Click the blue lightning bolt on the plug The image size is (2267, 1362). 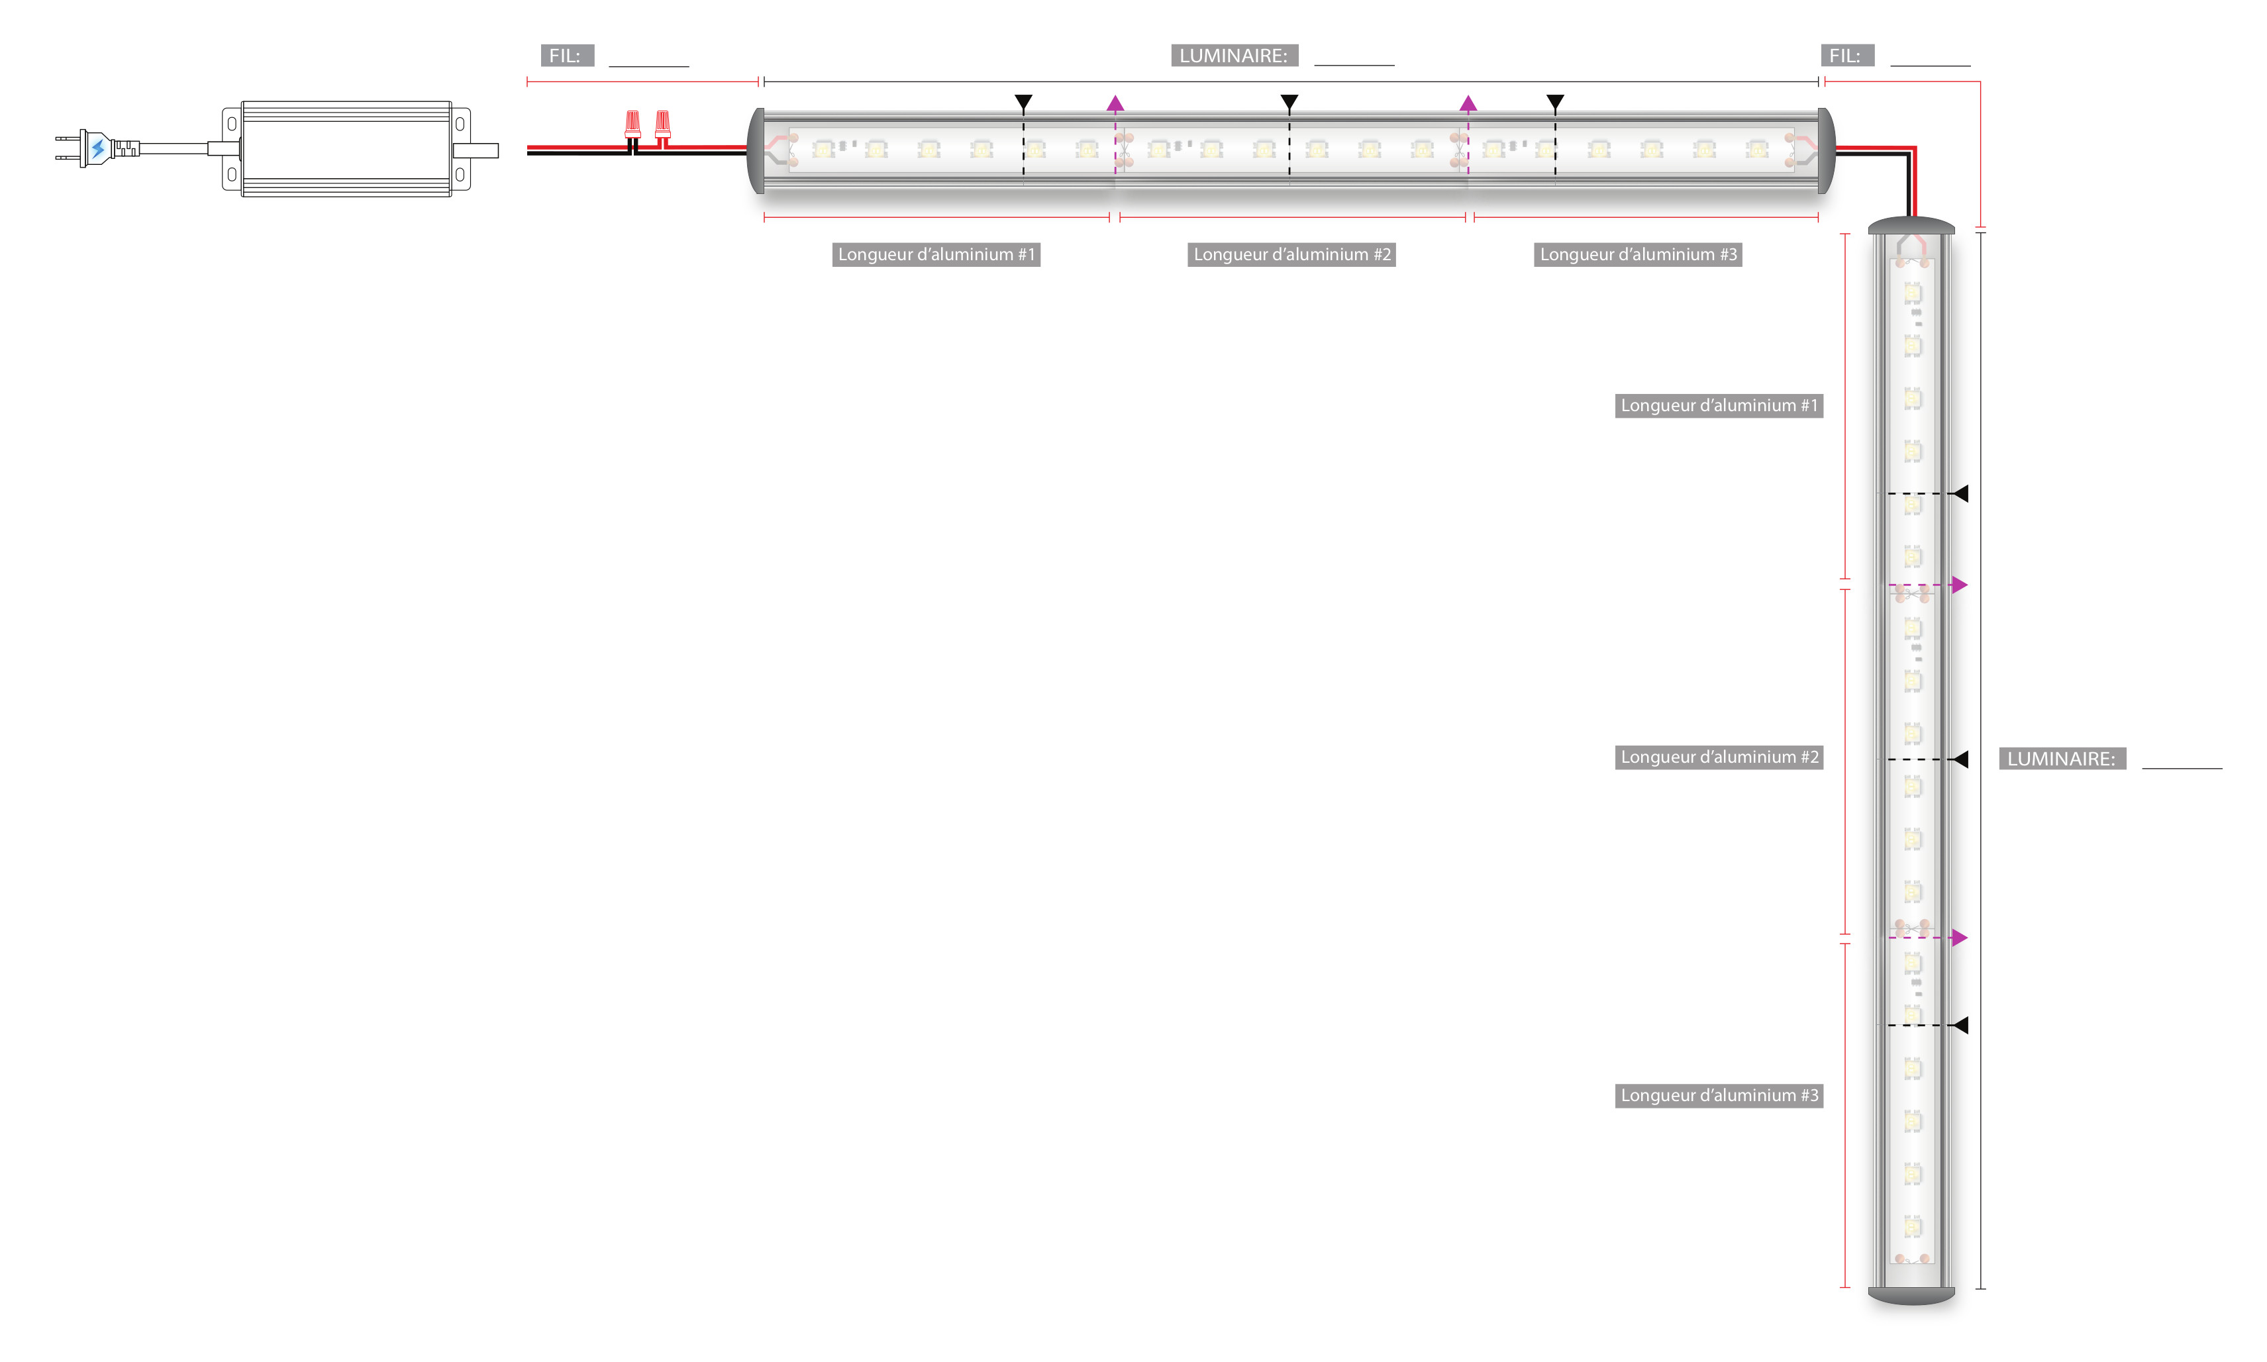coord(97,148)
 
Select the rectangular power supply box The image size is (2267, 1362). coord(346,149)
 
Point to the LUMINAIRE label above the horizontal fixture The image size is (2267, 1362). coord(1234,56)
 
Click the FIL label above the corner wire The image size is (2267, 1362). coord(1846,56)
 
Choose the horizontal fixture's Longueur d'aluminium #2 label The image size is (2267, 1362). coord(1291,254)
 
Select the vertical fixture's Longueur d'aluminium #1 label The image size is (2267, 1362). coord(1718,406)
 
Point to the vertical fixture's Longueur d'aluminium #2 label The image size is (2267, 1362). coord(1718,757)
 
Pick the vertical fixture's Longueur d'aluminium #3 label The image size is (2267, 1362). coord(1718,1095)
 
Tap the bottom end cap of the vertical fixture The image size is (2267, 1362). coord(1911,1295)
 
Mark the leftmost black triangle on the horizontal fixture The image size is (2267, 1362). coord(1023,101)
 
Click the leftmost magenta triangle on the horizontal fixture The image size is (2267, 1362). coord(1115,104)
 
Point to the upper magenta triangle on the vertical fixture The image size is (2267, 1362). coord(1960,585)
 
